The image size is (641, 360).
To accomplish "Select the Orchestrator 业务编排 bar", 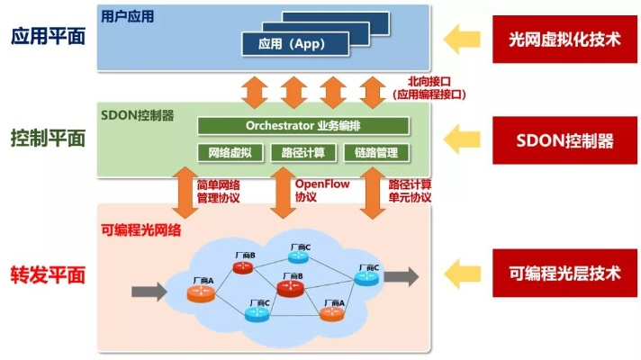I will click(304, 125).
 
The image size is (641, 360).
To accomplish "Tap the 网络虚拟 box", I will click(230, 152).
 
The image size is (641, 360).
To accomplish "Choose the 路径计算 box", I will click(303, 152).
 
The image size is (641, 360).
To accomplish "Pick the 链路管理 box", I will click(376, 152).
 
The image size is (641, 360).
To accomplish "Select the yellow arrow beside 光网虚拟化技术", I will click(465, 38).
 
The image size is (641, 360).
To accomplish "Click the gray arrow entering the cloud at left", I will click(149, 292).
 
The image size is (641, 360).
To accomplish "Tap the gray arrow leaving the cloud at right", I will click(402, 276).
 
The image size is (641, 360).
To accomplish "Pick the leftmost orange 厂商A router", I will click(203, 293).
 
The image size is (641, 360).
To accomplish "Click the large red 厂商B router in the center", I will click(290, 288).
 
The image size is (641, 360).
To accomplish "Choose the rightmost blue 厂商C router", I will click(366, 277).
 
